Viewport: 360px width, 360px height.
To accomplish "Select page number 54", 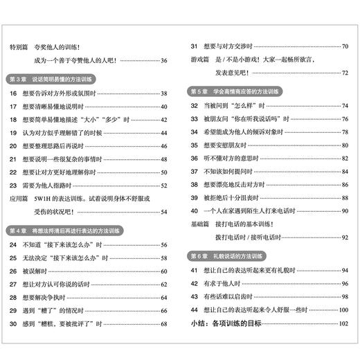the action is [163, 212].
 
